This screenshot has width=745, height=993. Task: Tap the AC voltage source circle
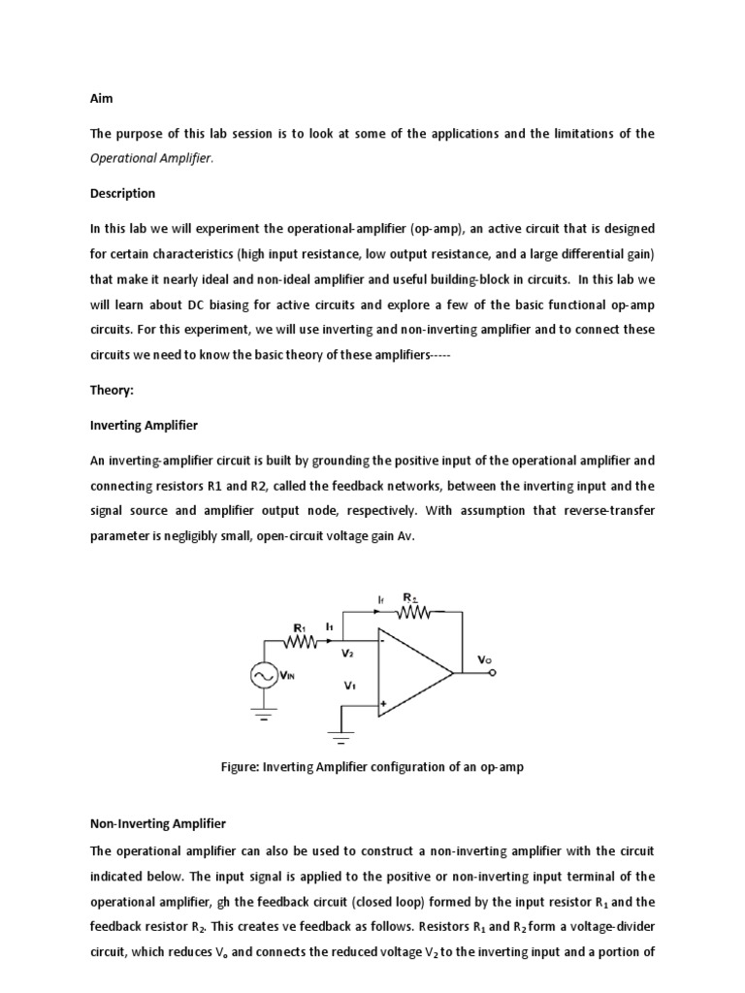click(x=264, y=674)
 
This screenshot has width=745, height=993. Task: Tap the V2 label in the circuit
click(x=348, y=655)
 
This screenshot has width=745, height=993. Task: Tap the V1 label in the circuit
click(x=348, y=686)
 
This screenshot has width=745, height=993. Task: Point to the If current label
click(x=380, y=600)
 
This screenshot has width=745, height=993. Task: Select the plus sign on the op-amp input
click(x=385, y=704)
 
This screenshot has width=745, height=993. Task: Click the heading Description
click(x=122, y=193)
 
